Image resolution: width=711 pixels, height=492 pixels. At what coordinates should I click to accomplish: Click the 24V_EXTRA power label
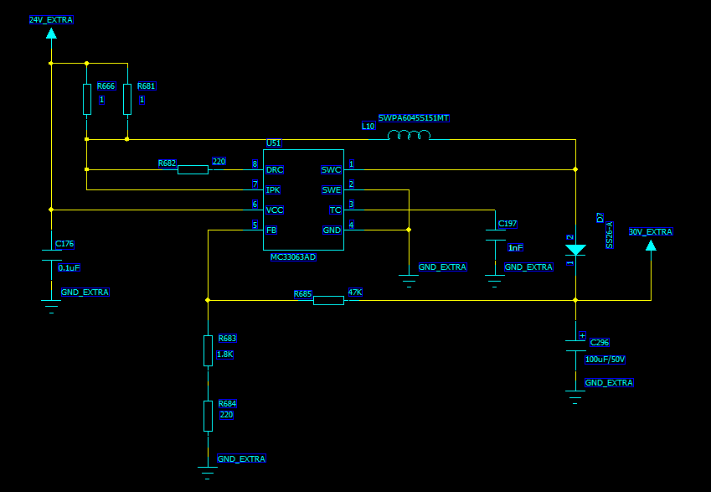[x=51, y=19]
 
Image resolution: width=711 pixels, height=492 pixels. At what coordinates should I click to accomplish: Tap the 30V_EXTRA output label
[x=650, y=232]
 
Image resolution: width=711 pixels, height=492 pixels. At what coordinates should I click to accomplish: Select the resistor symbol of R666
[x=87, y=99]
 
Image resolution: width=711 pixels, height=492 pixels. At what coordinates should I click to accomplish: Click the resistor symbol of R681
[x=127, y=99]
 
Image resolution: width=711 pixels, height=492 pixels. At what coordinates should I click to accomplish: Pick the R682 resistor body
[x=193, y=169]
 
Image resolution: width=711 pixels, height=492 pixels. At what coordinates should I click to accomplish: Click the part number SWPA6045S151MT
[x=414, y=118]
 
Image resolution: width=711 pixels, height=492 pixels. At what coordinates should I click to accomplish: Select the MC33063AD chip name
[x=293, y=257]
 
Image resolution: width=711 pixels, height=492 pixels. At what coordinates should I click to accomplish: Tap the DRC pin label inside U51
[x=274, y=169]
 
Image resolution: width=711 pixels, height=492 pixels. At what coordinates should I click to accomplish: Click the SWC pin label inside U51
[x=331, y=169]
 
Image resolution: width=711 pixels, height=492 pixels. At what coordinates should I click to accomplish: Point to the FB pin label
[x=271, y=230]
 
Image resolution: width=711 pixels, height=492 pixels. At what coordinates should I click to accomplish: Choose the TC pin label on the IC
[x=335, y=210]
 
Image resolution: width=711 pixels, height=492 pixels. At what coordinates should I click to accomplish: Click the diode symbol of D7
[x=575, y=250]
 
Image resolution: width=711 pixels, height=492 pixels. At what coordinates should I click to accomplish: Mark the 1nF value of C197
[x=515, y=247]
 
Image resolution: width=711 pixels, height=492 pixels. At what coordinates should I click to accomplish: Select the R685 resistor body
[x=328, y=300]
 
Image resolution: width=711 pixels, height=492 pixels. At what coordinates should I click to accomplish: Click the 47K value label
[x=355, y=293]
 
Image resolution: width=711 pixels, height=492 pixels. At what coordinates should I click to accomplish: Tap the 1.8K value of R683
[x=225, y=355]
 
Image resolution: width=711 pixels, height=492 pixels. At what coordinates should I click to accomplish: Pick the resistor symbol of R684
[x=208, y=416]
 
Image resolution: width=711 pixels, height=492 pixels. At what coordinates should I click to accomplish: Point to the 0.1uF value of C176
[x=69, y=267]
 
